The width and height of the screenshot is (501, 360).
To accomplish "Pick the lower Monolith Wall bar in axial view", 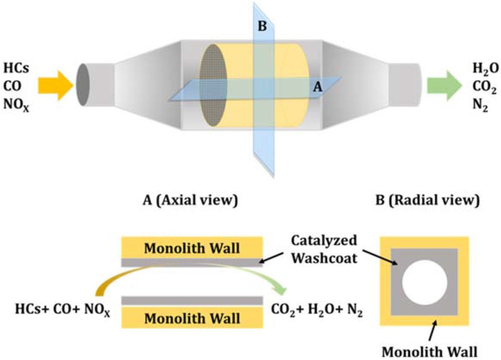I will click(x=192, y=319).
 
